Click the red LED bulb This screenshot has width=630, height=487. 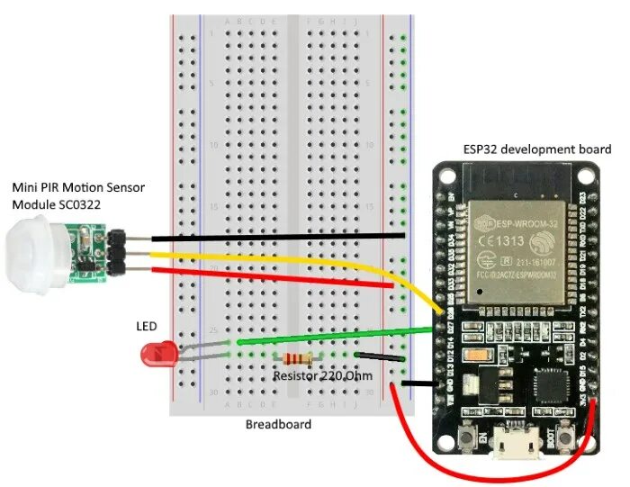(x=158, y=353)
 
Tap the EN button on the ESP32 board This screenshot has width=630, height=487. (x=469, y=439)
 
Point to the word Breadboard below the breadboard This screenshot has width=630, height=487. (x=278, y=424)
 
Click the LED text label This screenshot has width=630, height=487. (x=146, y=325)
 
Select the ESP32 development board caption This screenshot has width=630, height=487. (x=536, y=149)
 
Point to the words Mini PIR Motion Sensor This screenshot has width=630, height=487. (x=77, y=187)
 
